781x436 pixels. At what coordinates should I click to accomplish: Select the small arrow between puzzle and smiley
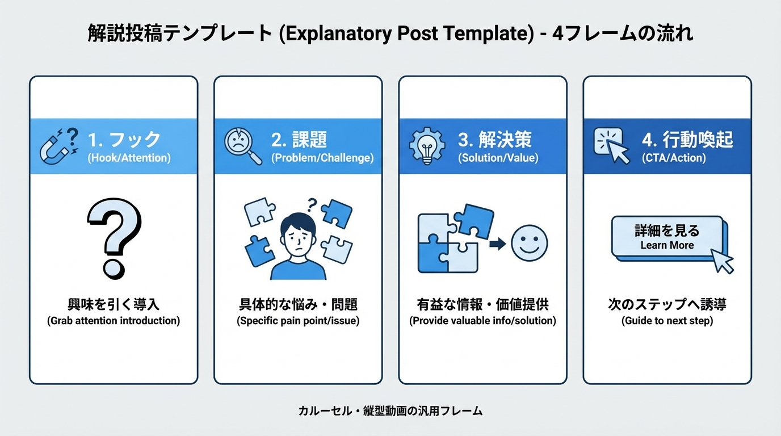point(497,244)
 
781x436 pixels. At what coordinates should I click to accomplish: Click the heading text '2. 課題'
point(299,139)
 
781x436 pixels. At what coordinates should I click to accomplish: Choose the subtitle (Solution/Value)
point(498,158)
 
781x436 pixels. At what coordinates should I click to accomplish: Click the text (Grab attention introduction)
point(114,321)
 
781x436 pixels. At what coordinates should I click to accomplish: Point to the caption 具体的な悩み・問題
point(298,305)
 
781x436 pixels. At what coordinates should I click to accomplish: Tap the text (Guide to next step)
point(667,321)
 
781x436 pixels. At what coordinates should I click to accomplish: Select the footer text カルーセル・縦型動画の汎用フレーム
point(390,410)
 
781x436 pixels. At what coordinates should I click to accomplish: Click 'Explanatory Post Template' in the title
point(407,33)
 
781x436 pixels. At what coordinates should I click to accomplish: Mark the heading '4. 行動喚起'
point(687,139)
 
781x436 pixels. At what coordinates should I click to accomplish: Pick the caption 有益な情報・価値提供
point(482,305)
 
